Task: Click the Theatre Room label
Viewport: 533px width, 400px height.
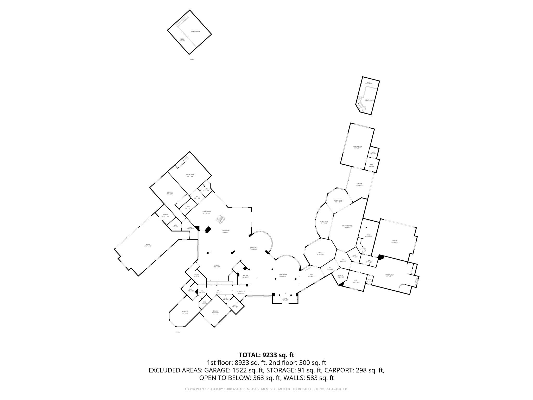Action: point(190,175)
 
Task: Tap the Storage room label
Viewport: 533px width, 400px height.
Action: point(166,215)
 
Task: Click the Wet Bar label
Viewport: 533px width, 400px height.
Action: point(245,276)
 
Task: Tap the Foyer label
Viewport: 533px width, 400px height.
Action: point(285,299)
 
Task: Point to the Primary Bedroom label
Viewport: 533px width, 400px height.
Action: point(348,226)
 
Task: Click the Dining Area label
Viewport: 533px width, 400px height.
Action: point(254,248)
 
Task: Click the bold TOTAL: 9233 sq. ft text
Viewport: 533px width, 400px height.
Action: point(266,355)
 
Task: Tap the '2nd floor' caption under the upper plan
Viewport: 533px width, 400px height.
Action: point(192,59)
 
